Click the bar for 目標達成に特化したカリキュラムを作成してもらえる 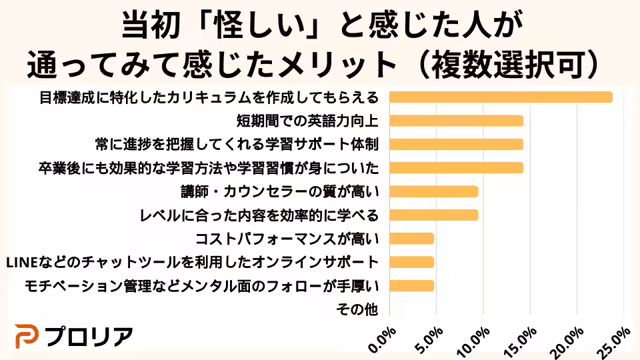point(501,97)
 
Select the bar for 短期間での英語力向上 point(456,121)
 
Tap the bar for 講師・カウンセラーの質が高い point(433,192)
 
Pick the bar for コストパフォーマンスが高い point(411,239)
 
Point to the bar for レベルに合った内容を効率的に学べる point(433,215)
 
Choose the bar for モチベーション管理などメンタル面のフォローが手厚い point(411,286)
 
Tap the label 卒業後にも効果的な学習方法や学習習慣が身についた point(209,168)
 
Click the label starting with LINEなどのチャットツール point(191,262)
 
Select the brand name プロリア point(89,337)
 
